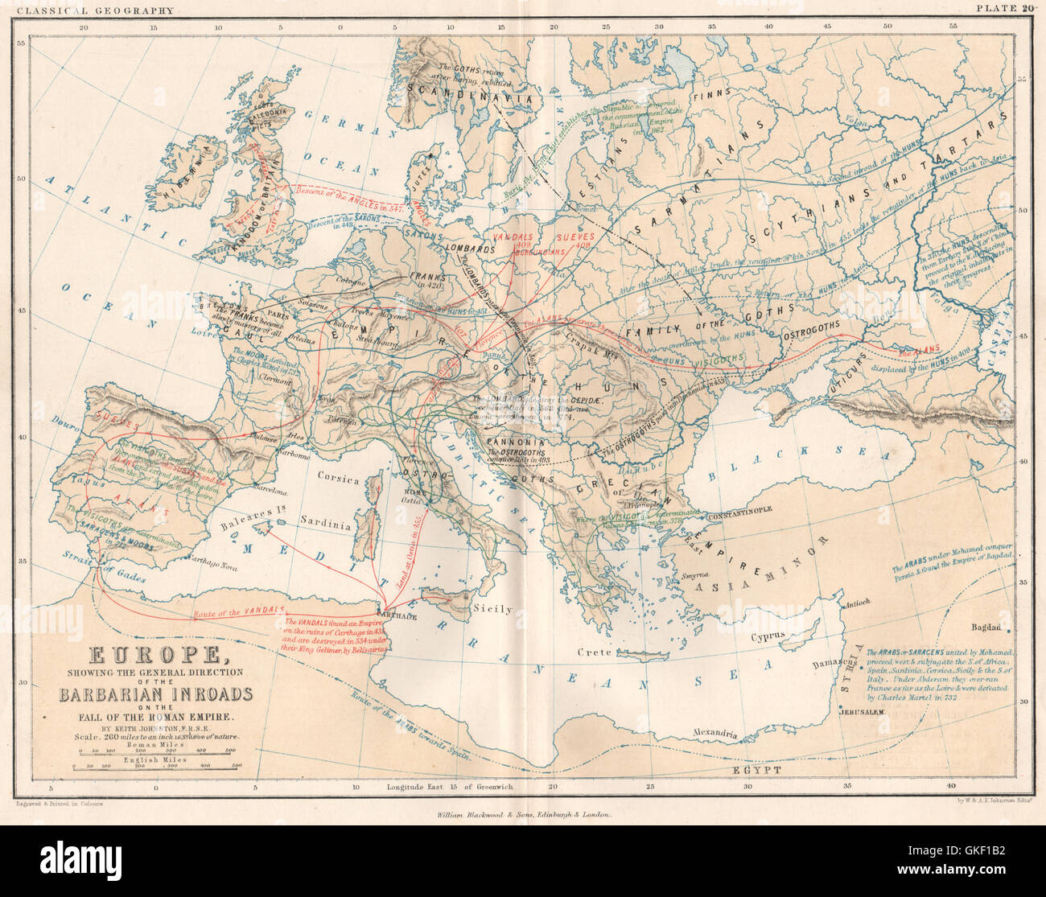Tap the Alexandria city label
click(715, 733)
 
